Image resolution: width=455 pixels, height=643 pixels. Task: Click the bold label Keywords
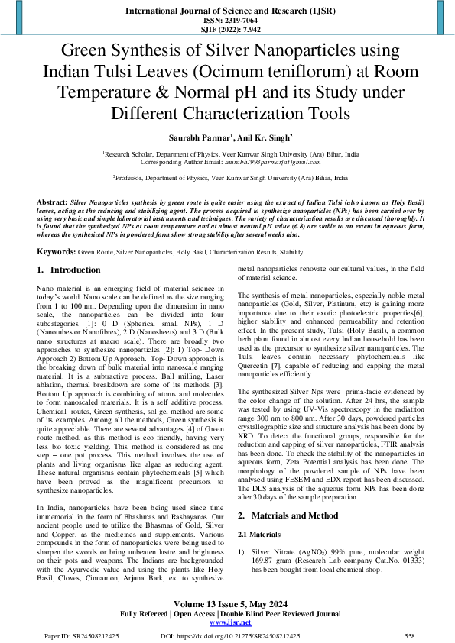click(x=55, y=250)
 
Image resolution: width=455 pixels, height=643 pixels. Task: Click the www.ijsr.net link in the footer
click(x=227, y=622)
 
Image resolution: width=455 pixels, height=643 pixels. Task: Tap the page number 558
click(x=410, y=635)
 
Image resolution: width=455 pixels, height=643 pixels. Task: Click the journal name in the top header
click(x=227, y=11)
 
